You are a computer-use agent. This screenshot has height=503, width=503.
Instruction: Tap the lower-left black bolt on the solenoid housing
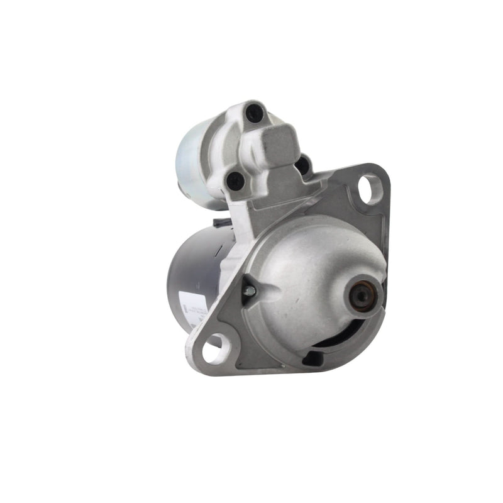coord(235,181)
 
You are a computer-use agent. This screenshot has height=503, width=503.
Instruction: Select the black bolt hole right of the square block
coord(302,165)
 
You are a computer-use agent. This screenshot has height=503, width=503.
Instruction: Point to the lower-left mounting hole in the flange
coord(214,347)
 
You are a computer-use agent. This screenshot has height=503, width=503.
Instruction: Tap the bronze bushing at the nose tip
coord(362,292)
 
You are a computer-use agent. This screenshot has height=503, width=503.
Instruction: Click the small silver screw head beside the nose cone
coord(249,290)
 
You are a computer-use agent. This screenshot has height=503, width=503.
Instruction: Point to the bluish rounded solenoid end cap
coord(192,163)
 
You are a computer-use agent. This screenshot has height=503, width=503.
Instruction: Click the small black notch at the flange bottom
coord(312,357)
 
